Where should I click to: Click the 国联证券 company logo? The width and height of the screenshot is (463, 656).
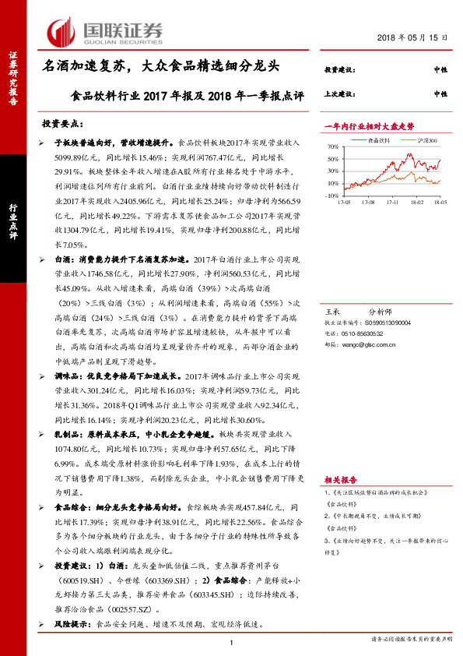click(107, 32)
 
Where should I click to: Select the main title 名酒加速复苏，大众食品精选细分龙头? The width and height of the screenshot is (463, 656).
click(160, 68)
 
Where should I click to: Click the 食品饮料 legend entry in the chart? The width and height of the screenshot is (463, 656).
click(378, 140)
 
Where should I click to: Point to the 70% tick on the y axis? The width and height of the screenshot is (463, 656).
click(332, 146)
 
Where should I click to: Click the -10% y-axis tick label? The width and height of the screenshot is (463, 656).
click(331, 196)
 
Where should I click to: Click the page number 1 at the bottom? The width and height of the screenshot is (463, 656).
click(232, 641)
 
